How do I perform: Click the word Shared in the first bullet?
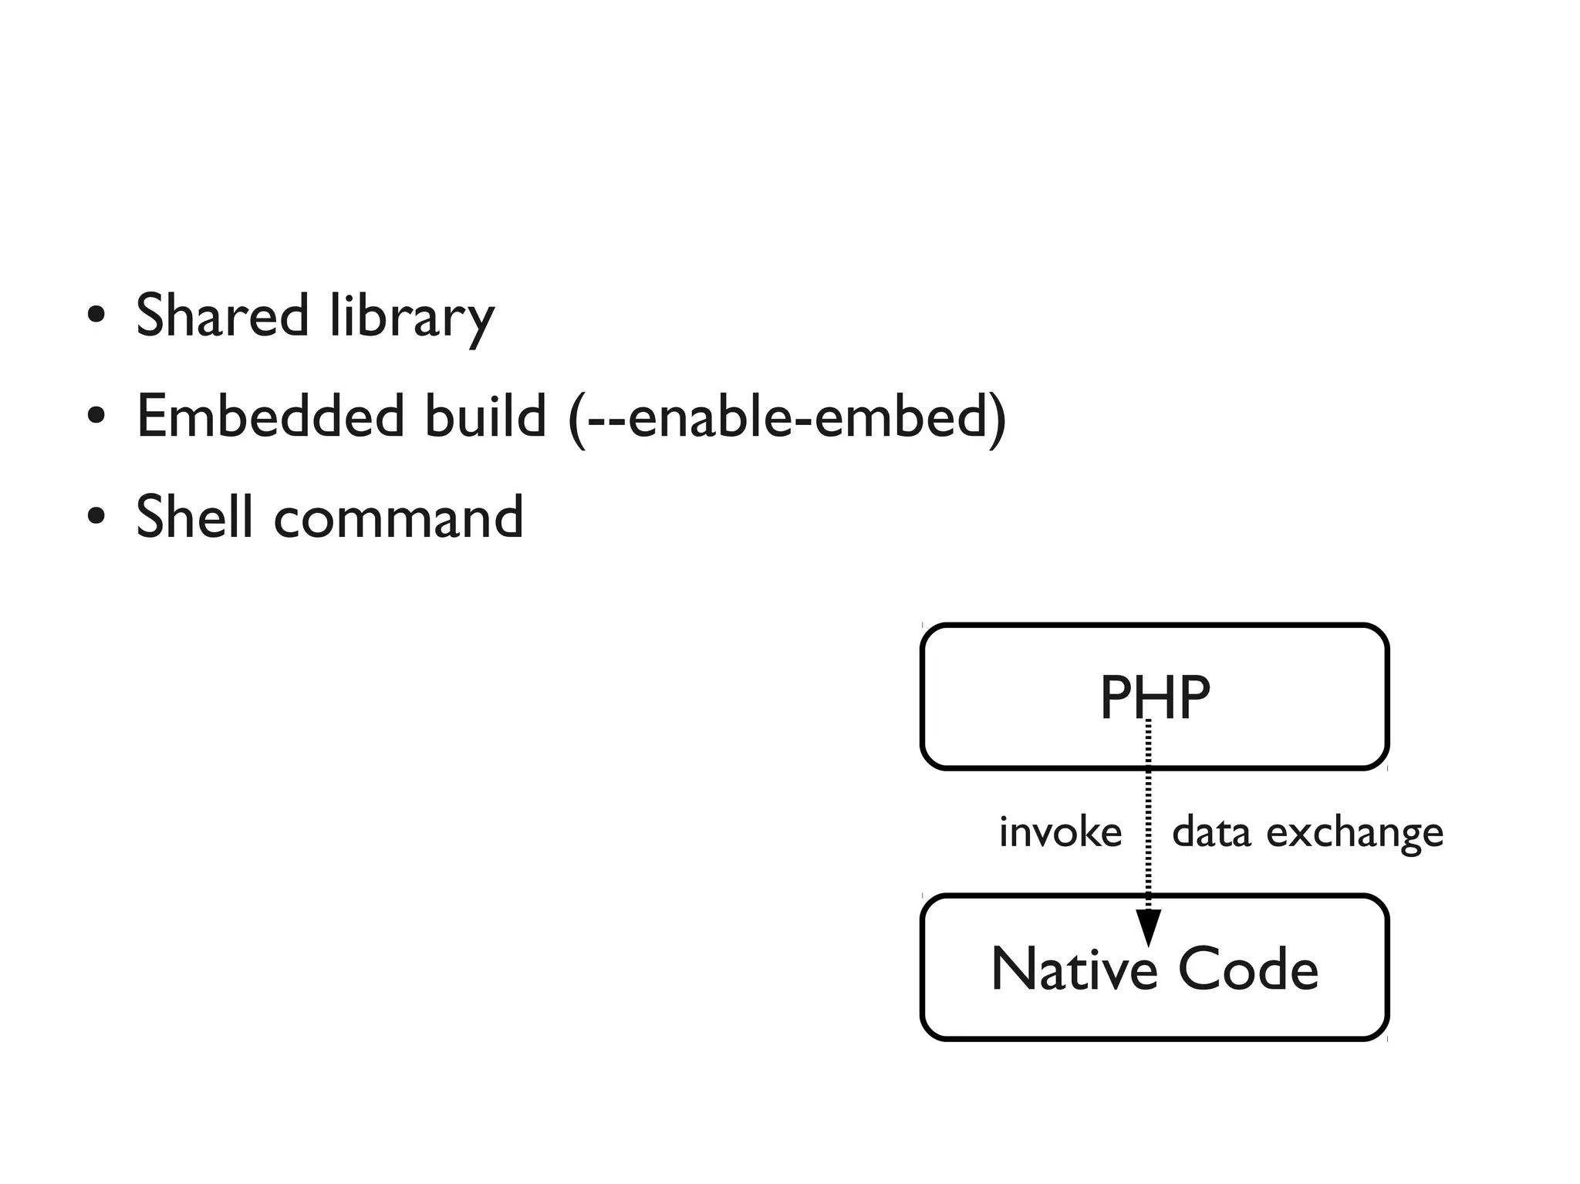pyautogui.click(x=222, y=315)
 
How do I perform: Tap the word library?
pyautogui.click(x=411, y=317)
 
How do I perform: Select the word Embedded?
pyautogui.click(x=270, y=416)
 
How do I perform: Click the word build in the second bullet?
pyautogui.click(x=485, y=416)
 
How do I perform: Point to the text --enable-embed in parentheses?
pyautogui.click(x=787, y=417)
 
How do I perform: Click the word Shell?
pyautogui.click(x=194, y=516)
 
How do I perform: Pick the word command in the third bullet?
pyautogui.click(x=398, y=518)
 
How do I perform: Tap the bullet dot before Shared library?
pyautogui.click(x=96, y=315)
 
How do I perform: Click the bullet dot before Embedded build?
pyautogui.click(x=96, y=417)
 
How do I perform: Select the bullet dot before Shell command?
pyautogui.click(x=96, y=517)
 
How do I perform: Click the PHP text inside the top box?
pyautogui.click(x=1154, y=697)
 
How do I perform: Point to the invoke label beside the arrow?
pyautogui.click(x=1060, y=832)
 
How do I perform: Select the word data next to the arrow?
pyautogui.click(x=1210, y=832)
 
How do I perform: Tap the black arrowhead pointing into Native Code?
pyautogui.click(x=1148, y=926)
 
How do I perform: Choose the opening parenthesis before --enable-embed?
pyautogui.click(x=576, y=419)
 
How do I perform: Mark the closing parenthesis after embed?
pyautogui.click(x=998, y=419)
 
